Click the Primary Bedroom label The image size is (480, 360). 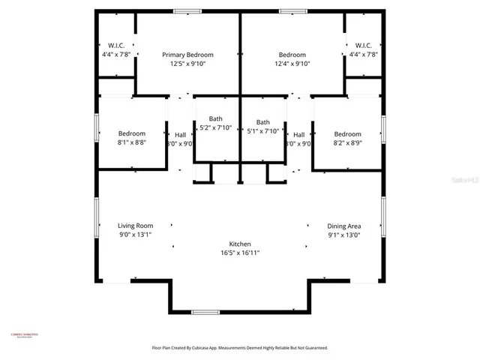click(188, 55)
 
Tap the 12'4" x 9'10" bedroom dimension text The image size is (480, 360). click(292, 64)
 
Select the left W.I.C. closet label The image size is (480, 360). click(115, 45)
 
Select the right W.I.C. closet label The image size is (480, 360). click(363, 45)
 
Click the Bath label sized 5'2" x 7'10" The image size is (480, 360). click(215, 119)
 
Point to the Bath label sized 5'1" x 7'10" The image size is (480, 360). click(262, 122)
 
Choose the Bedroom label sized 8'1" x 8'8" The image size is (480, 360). click(131, 134)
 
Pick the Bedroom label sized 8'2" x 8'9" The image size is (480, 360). click(347, 134)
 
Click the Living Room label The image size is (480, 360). click(135, 225)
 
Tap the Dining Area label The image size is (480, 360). click(344, 226)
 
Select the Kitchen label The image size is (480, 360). click(240, 244)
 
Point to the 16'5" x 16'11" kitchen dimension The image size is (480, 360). click(240, 253)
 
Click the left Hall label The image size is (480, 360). click(180, 135)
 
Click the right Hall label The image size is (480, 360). click(298, 135)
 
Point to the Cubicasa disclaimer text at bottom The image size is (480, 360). click(240, 348)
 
